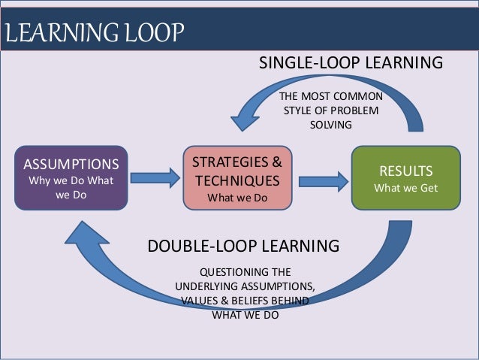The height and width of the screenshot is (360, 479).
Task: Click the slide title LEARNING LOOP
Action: (94, 34)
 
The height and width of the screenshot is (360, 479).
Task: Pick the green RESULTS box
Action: (405, 177)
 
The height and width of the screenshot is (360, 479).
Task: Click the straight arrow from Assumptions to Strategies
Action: (155, 178)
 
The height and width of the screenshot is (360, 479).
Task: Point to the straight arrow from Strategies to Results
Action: (323, 180)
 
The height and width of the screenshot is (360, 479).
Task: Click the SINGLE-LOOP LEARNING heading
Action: (351, 62)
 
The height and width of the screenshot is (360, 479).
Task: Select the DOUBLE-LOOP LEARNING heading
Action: (243, 246)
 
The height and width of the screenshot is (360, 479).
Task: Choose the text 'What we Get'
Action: (405, 188)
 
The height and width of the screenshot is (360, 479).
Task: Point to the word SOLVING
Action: (330, 125)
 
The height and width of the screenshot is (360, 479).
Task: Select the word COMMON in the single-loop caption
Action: (360, 97)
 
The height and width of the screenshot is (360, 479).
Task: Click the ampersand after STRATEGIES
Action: (276, 162)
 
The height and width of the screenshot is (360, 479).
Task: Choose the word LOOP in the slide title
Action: (149, 34)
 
